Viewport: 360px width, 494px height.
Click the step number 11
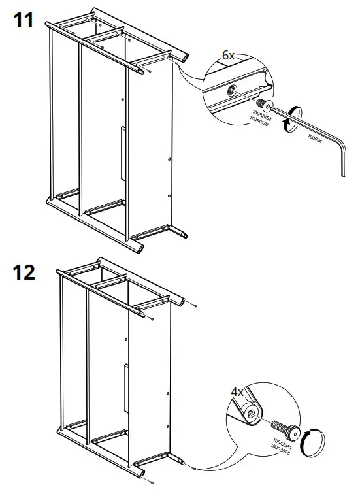(x=25, y=21)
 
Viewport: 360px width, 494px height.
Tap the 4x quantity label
(x=237, y=392)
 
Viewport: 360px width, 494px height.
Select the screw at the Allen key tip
(x=265, y=104)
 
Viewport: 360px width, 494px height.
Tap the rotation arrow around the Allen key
(x=291, y=118)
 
